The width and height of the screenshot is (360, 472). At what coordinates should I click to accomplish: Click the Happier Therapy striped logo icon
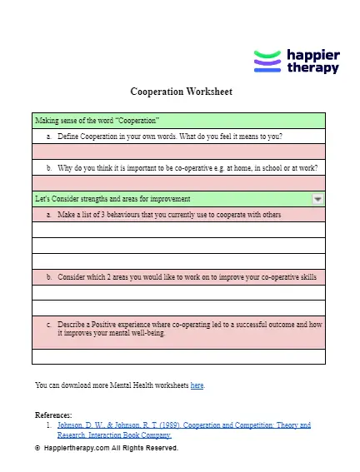(x=267, y=62)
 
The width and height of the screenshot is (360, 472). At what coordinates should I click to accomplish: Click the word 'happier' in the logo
(x=312, y=55)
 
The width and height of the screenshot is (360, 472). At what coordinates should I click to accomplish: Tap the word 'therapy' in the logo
(x=312, y=68)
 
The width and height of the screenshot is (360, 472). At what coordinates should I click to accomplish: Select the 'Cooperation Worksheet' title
(x=181, y=92)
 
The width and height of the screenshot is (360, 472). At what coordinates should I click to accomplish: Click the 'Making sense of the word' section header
(x=97, y=120)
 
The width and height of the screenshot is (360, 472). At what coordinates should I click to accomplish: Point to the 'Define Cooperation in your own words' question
(x=164, y=136)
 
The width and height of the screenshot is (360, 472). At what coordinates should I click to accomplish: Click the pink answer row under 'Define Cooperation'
(x=178, y=152)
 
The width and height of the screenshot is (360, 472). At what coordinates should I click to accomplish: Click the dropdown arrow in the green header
(x=317, y=199)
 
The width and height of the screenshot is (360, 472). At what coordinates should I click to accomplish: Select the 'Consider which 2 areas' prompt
(x=187, y=276)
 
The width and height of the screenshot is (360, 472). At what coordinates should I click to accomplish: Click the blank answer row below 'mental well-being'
(x=178, y=356)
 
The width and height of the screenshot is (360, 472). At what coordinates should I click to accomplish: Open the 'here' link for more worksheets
(x=197, y=385)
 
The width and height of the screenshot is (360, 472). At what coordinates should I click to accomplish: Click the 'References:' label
(x=53, y=415)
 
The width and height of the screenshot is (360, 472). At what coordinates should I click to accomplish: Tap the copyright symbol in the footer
(x=37, y=448)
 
